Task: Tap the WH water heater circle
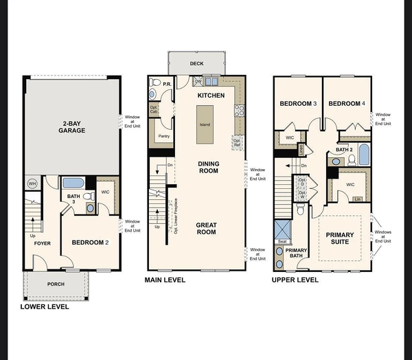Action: pos(32,183)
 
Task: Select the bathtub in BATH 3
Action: pos(73,183)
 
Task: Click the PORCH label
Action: pos(56,284)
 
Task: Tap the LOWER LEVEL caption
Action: pos(45,307)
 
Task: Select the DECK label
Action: pos(196,63)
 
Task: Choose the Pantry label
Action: pos(163,136)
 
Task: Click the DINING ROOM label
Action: pos(208,166)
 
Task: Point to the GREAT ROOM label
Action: pos(206,228)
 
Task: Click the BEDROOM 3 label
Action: pos(298,104)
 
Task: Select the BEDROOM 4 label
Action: pos(346,104)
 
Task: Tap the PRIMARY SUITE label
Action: pos(340,238)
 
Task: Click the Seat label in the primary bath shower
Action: pos(282,241)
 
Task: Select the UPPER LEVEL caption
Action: pos(295,280)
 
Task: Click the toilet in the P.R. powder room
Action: pos(154,84)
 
